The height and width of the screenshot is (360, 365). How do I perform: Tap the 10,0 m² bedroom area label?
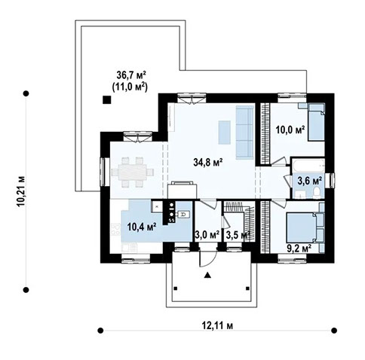click(289, 130)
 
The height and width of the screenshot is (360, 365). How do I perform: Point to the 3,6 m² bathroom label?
click(308, 181)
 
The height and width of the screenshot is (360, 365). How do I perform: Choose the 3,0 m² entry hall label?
click(207, 235)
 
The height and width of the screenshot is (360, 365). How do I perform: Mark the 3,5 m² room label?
click(238, 235)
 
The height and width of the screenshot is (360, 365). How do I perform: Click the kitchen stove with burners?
click(172, 216)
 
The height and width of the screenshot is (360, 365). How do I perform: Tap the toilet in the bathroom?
click(316, 194)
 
